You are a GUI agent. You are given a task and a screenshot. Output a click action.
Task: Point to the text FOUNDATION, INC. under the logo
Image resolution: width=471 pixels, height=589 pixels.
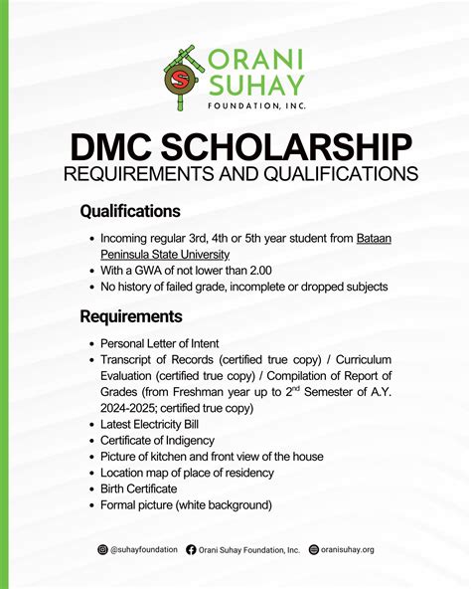(253, 103)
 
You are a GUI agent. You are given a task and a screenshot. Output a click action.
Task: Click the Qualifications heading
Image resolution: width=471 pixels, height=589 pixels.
(129, 212)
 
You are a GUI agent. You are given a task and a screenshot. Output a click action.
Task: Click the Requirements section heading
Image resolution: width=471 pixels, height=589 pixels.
(131, 316)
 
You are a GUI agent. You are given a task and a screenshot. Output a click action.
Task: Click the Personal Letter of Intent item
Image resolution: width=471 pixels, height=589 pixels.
(159, 342)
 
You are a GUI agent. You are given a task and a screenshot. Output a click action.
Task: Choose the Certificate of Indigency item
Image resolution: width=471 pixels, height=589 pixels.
(164, 440)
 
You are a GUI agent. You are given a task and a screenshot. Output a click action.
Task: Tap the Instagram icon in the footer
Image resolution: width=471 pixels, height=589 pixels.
(102, 549)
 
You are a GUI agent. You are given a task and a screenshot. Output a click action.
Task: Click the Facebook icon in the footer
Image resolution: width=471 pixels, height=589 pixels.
(191, 549)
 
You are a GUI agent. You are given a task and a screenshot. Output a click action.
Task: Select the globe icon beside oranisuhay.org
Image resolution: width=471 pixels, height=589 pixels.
(314, 549)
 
